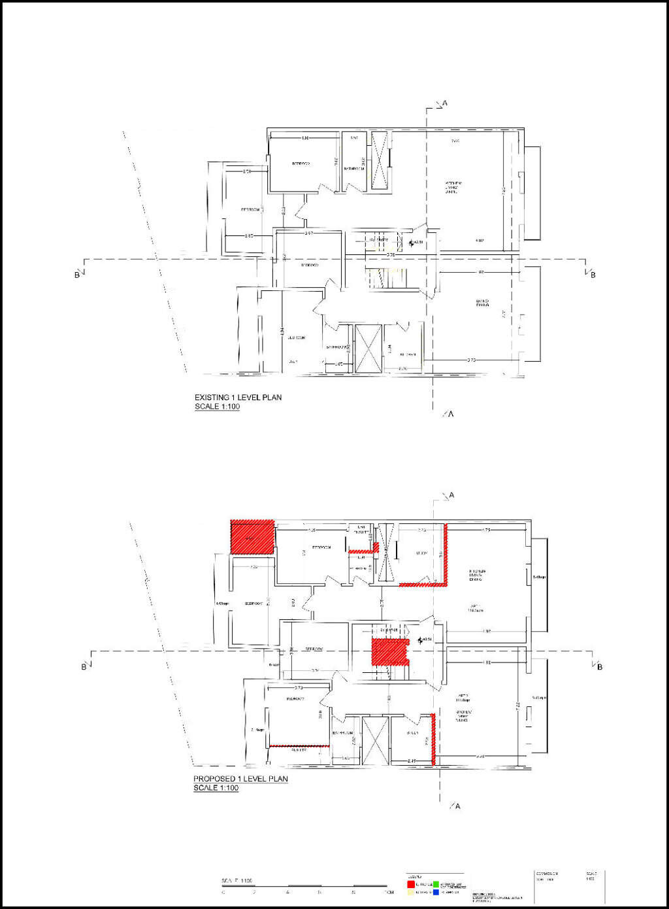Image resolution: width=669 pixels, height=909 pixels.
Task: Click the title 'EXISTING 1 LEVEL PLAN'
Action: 238,397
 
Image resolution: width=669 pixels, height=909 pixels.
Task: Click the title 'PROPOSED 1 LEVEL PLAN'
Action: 240,779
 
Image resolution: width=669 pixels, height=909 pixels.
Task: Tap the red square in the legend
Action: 411,884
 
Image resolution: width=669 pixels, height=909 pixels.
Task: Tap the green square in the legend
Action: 436,884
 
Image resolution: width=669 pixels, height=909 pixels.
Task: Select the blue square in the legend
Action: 436,892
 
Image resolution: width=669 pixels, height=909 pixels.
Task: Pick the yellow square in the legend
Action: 411,892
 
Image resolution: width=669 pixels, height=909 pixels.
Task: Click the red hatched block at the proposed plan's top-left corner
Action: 252,537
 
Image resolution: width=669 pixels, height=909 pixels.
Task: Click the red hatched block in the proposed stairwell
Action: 389,653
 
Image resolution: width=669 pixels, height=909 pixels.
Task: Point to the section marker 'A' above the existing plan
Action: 445,103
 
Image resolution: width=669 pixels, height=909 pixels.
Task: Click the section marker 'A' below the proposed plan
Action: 457,806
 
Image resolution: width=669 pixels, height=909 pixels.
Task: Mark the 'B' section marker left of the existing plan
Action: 76,275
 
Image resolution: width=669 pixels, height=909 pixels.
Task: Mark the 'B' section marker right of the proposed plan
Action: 600,667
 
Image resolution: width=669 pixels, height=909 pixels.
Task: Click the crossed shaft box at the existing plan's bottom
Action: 368,348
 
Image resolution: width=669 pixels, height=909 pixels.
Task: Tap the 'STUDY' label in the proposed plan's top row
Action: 421,554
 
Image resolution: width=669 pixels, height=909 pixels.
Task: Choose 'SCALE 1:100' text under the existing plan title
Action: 217,407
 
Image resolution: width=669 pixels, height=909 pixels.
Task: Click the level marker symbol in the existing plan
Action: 412,243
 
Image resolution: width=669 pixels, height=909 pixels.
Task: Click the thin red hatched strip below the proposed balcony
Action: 299,746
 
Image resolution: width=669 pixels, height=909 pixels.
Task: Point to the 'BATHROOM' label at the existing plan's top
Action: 354,169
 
